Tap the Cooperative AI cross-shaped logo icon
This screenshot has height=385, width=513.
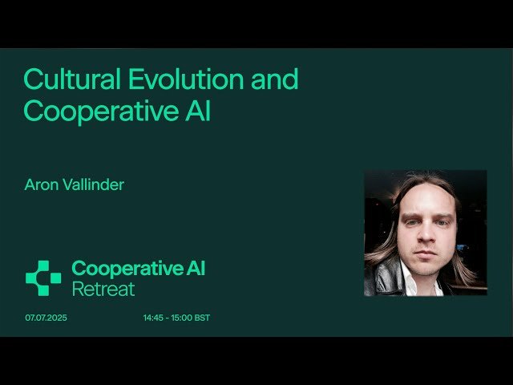coord(43,278)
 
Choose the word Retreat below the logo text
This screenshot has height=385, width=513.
coord(103,289)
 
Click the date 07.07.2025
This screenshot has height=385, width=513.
coord(46,318)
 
